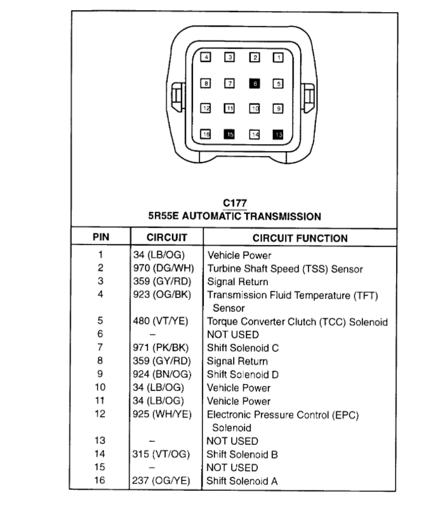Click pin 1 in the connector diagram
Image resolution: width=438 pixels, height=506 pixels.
coord(277,58)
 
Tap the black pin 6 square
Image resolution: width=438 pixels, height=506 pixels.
coord(254,83)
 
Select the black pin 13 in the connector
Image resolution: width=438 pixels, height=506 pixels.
coord(277,134)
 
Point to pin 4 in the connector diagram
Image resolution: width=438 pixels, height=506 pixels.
coord(206,58)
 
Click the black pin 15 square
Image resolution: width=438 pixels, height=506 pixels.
coord(230,134)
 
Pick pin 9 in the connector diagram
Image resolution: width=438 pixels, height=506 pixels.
coord(277,109)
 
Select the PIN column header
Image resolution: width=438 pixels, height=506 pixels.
coord(100,237)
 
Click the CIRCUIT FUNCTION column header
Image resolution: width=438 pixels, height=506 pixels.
coord(300,238)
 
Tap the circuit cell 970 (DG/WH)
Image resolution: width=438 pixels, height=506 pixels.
coord(163,269)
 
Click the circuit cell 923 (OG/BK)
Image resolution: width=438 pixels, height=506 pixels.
coord(163,295)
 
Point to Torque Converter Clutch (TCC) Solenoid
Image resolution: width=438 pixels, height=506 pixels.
coord(297,322)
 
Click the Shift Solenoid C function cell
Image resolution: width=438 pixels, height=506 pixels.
coord(242,348)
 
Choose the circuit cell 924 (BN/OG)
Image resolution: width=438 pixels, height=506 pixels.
coord(163,375)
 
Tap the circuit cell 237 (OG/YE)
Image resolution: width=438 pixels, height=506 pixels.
coord(163,481)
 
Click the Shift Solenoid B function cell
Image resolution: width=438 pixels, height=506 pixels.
coord(242,455)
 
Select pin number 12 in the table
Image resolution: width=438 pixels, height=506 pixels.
coord(100,415)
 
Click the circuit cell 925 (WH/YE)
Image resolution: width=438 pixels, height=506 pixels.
coord(163,415)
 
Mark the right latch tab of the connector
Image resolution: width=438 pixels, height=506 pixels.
coord(309,97)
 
